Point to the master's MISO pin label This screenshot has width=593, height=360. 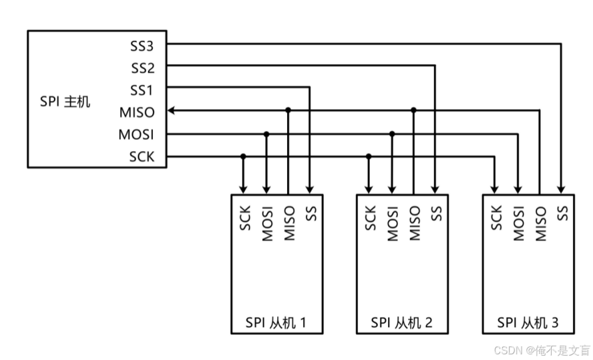click(137, 112)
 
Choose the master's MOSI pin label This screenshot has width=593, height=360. click(136, 134)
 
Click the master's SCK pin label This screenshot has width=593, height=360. click(142, 157)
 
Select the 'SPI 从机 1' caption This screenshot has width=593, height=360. click(276, 323)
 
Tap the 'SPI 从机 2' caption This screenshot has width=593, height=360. click(402, 323)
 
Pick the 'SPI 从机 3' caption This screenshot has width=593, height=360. click(528, 323)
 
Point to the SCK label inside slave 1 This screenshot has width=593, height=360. click(245, 218)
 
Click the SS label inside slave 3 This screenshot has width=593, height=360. click(562, 213)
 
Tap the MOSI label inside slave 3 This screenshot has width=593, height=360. click(518, 223)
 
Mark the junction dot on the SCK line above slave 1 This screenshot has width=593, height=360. click(243, 156)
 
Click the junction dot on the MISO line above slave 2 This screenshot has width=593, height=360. click(414, 110)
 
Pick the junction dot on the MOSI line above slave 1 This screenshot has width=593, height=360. click(266, 134)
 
